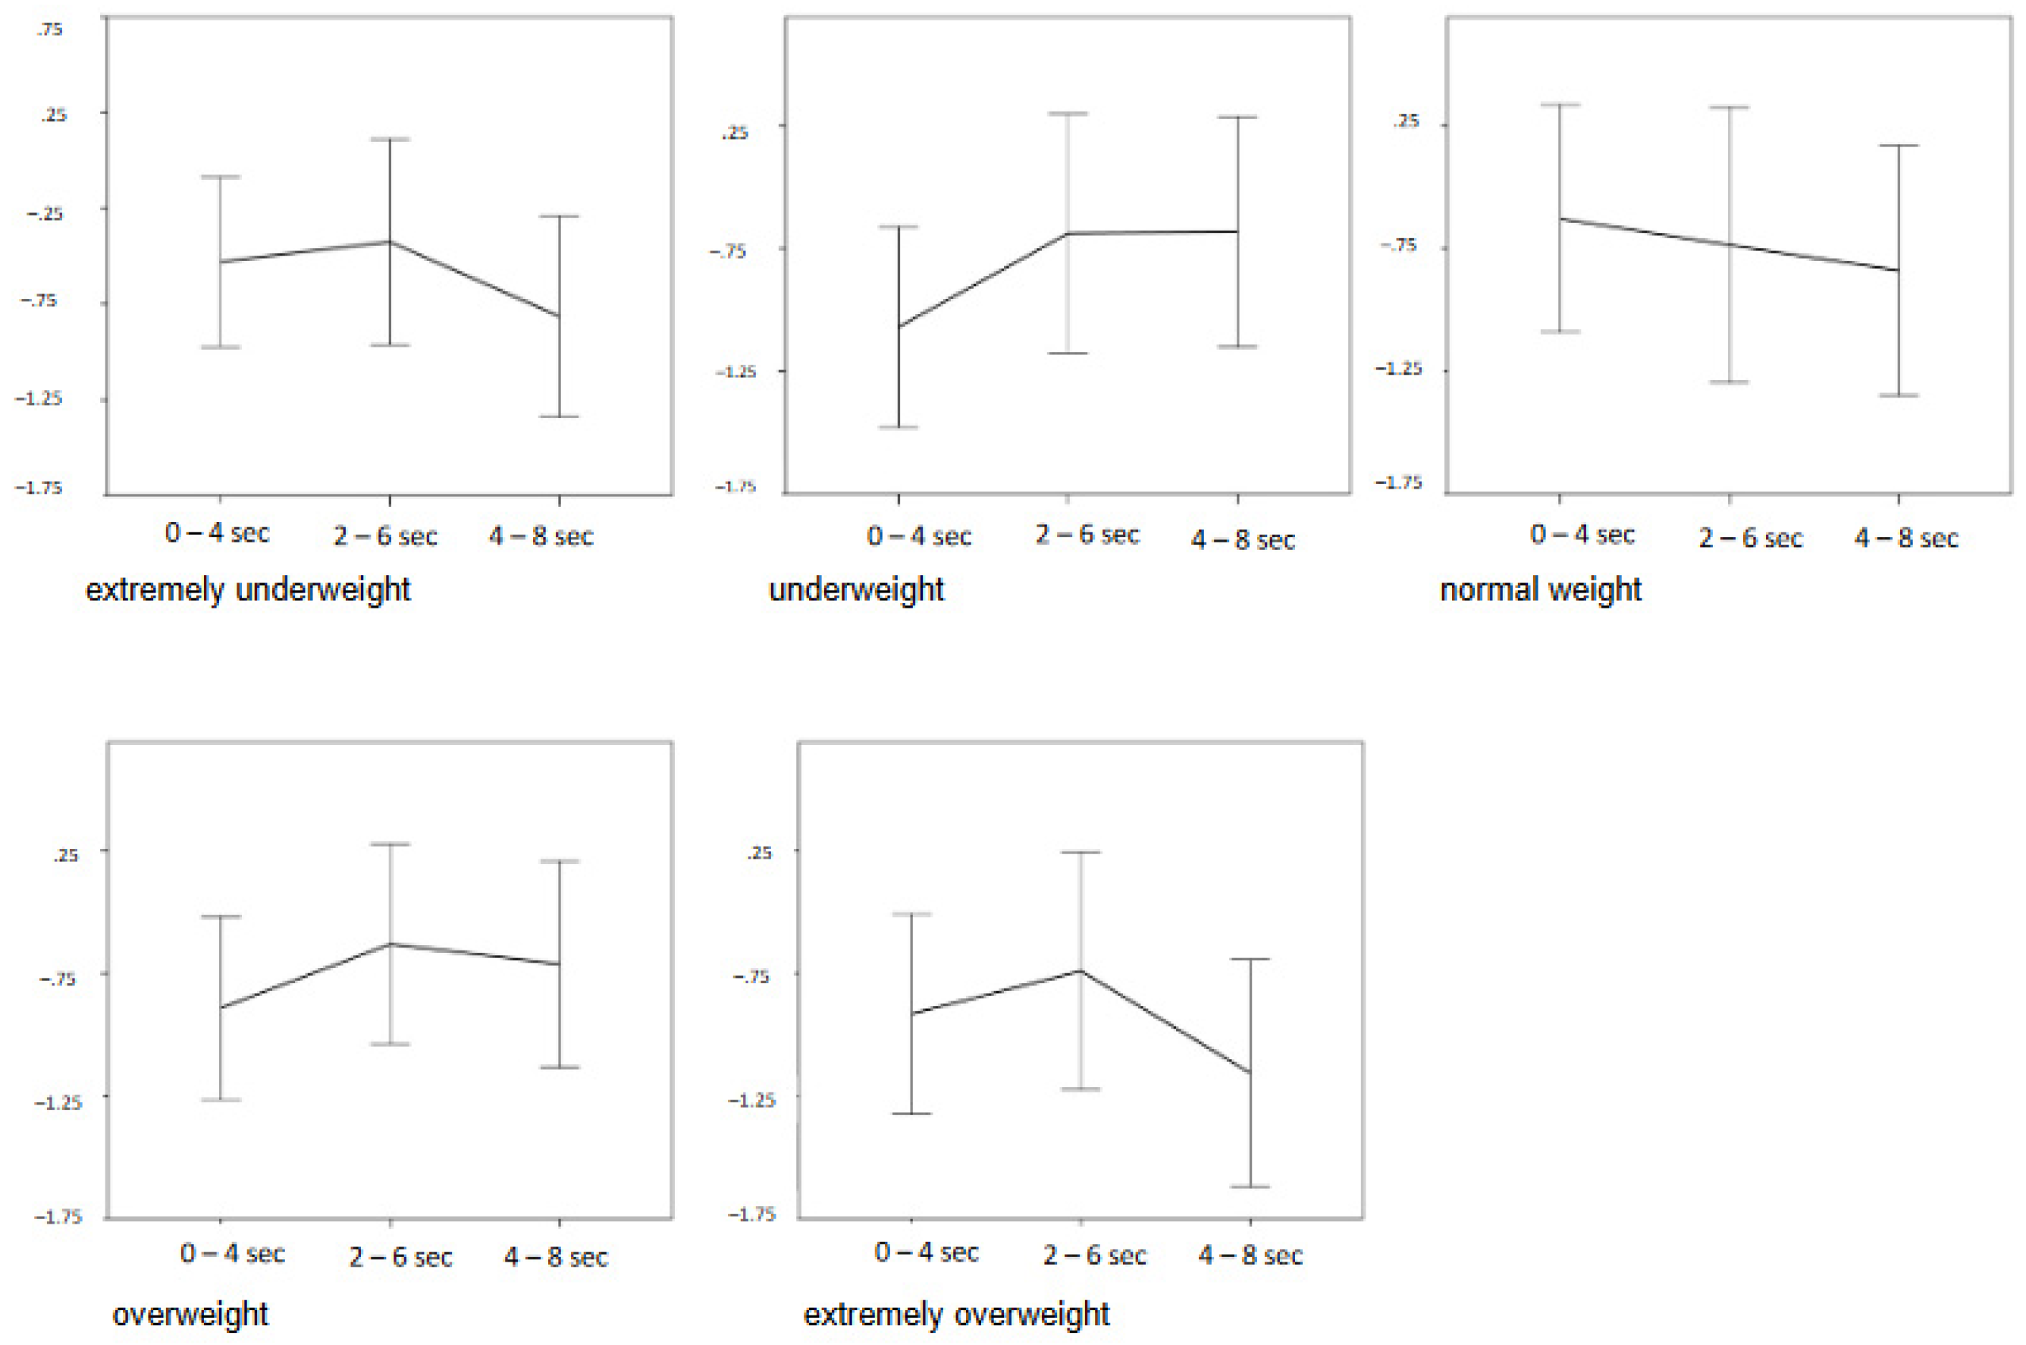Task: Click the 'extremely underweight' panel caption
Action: coord(248,590)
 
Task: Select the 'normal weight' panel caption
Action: coord(1540,590)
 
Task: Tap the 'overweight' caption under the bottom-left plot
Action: coord(190,1314)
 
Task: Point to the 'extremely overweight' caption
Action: coord(956,1314)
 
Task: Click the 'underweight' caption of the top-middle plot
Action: coord(856,590)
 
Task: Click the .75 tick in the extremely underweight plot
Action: coord(49,29)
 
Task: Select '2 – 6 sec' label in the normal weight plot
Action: coord(1750,538)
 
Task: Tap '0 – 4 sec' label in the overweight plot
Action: coord(231,1254)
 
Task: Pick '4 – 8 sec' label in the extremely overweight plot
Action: coord(1250,1255)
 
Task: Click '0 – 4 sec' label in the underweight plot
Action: coord(918,537)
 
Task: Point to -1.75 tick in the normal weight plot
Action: coord(1398,483)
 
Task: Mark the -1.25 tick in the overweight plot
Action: coord(58,1102)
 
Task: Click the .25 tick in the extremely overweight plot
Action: coord(758,853)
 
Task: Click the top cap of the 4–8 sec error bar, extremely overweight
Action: coord(1250,959)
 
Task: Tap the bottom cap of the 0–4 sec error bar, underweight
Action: coord(899,426)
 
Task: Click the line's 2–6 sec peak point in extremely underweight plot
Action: coord(390,242)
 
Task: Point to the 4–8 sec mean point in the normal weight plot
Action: coord(1899,270)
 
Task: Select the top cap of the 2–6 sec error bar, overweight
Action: coord(390,844)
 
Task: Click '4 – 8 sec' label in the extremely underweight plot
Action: coord(540,537)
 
